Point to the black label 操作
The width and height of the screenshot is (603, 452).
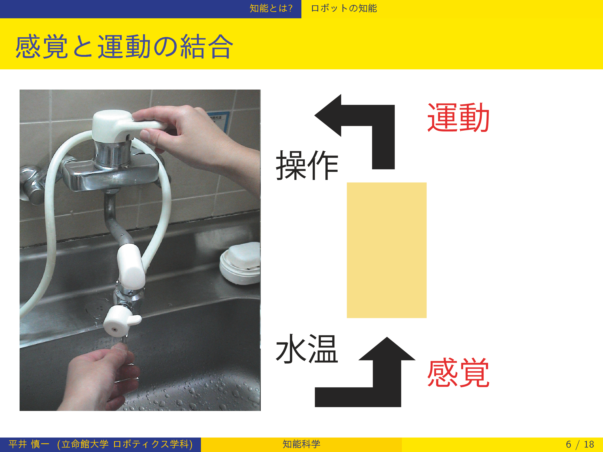coord(307,165)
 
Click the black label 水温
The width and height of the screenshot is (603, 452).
coord(307,349)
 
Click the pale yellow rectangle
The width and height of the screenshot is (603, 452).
coord(387,250)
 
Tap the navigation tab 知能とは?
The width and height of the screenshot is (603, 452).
coord(271,9)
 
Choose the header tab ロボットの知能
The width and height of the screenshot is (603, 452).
coord(344,9)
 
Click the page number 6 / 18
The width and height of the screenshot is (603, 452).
coord(580,444)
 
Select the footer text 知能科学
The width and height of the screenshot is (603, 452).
coord(301,444)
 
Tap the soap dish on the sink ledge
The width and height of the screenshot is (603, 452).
coord(240,263)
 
